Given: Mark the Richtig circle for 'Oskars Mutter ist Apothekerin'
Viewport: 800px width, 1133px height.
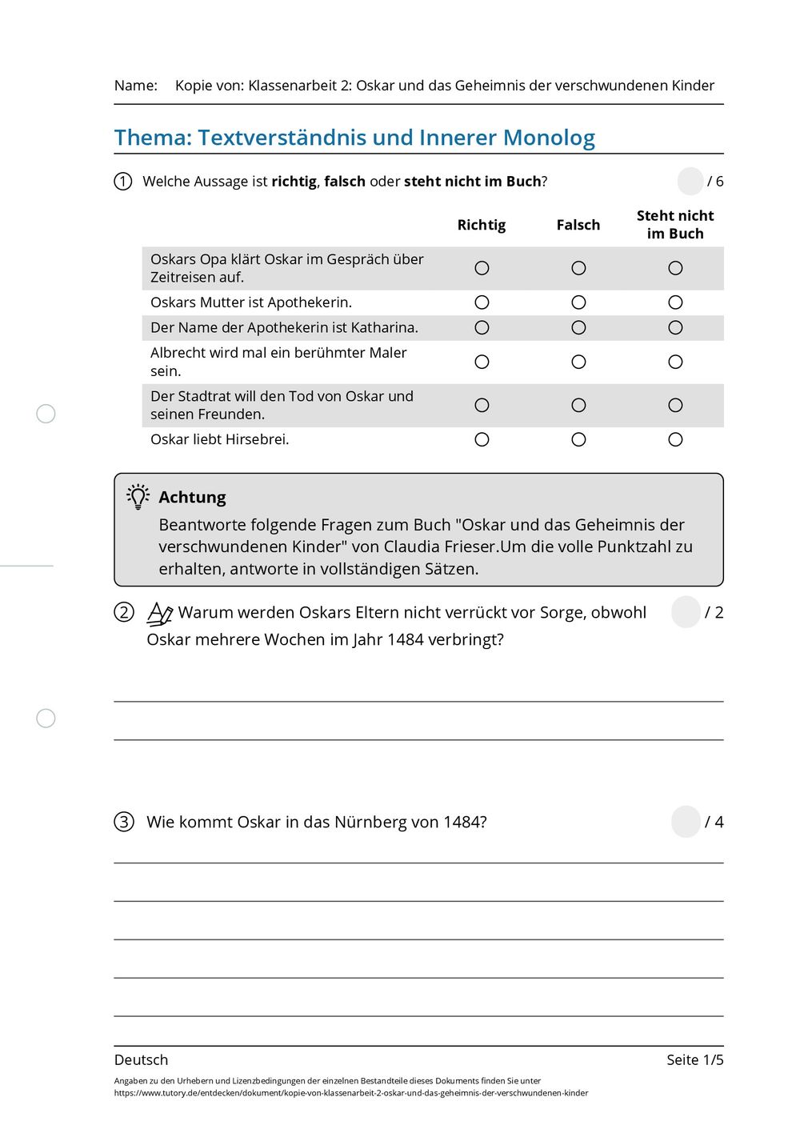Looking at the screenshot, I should click(482, 302).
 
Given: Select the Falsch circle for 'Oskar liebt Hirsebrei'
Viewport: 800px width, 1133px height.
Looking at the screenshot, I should click(578, 439).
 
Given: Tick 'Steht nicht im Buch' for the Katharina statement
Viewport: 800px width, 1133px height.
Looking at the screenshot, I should click(675, 327).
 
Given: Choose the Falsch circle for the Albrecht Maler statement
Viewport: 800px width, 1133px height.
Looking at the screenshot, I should click(578, 362).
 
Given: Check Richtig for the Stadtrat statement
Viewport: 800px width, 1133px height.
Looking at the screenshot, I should click(482, 405).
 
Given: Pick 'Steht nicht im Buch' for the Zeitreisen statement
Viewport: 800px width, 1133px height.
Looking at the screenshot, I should click(675, 268).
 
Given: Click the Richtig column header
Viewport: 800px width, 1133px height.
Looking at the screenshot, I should click(482, 225).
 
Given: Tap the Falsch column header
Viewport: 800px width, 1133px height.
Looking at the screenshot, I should click(578, 225).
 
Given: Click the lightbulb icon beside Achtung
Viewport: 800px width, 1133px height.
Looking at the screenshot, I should click(138, 497).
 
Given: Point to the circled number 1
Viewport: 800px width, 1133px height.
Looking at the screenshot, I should click(123, 182).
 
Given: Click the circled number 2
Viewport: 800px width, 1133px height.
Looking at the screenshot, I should click(123, 613).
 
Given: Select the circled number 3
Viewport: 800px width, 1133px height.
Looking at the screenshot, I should click(123, 822).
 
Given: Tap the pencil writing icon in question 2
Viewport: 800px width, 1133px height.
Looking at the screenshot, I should click(160, 614).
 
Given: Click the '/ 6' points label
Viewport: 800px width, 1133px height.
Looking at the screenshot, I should click(715, 182).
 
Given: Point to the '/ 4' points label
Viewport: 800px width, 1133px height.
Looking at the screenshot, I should click(714, 822).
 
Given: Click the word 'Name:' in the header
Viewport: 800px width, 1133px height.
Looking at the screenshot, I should click(136, 86).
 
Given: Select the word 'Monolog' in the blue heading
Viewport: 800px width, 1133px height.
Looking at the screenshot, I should click(549, 138).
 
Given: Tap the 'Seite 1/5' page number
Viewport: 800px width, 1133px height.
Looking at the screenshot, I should click(694, 1059).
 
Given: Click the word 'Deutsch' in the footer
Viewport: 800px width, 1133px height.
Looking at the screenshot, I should click(142, 1059).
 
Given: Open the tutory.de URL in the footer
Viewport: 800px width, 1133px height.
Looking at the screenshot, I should click(351, 1093).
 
